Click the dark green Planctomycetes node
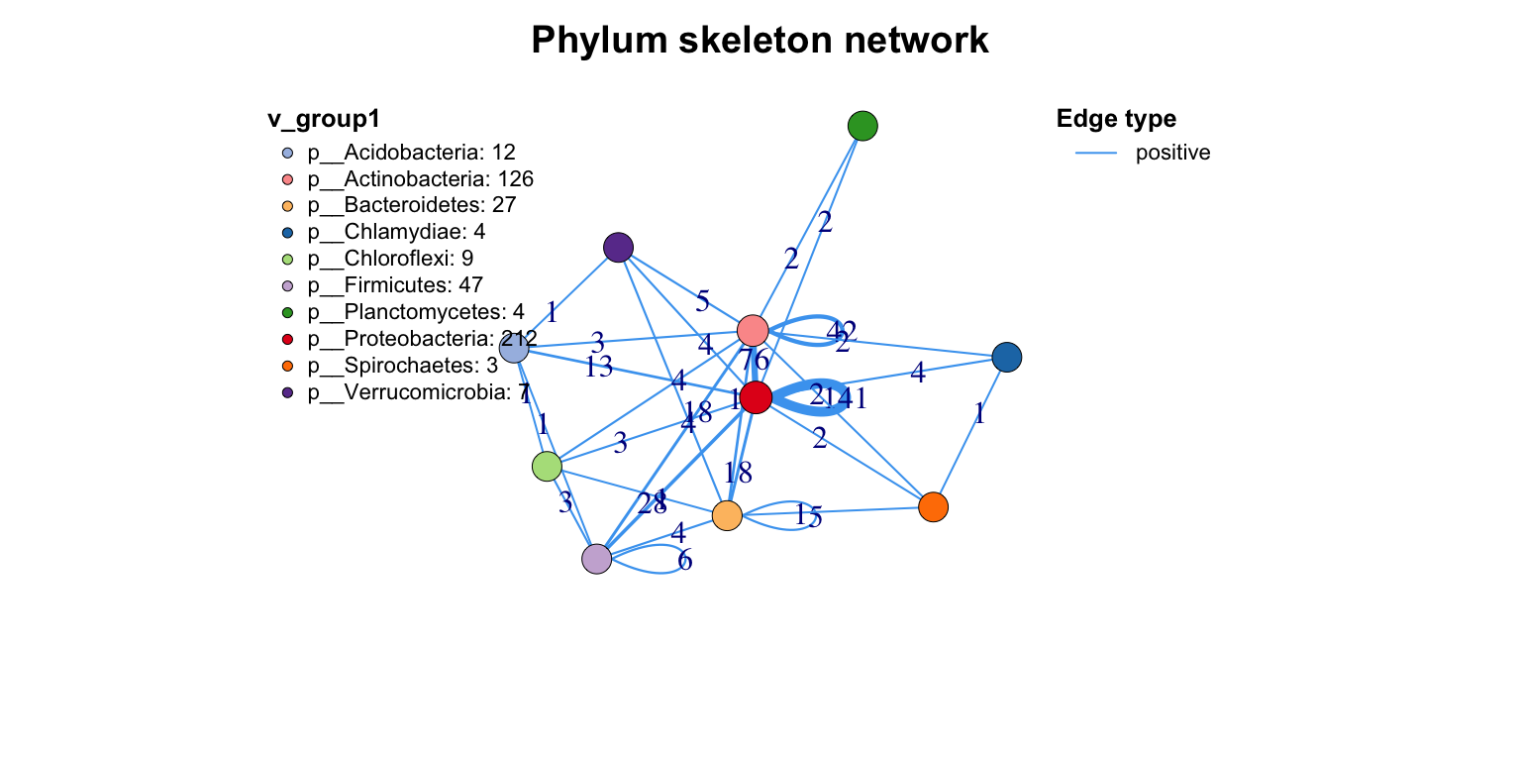click(x=863, y=126)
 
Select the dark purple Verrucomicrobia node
click(x=618, y=247)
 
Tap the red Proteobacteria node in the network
click(x=756, y=397)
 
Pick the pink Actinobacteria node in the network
click(x=753, y=330)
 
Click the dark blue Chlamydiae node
click(x=1007, y=357)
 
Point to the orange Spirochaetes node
click(x=933, y=507)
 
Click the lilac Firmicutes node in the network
click(x=596, y=559)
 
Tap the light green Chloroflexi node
click(x=547, y=466)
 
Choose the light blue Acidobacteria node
click(x=514, y=348)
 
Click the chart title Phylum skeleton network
click(x=760, y=41)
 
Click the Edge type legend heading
click(x=1116, y=119)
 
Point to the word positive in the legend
click(x=1172, y=153)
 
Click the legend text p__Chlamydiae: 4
click(x=395, y=232)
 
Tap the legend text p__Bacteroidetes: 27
click(x=411, y=205)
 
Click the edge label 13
click(x=598, y=368)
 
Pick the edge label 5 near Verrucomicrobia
click(x=703, y=300)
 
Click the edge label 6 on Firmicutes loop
click(x=684, y=561)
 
